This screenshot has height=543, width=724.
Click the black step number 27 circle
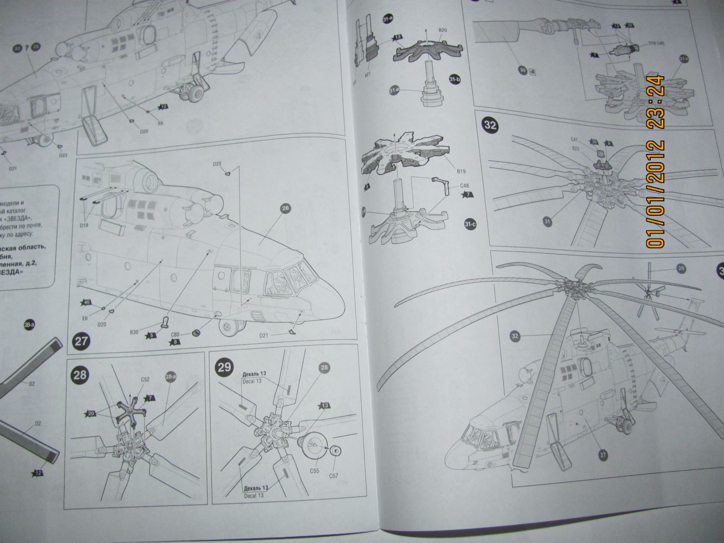click(x=81, y=341)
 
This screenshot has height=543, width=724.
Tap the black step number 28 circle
click(x=81, y=375)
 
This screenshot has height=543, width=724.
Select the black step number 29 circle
click(x=224, y=367)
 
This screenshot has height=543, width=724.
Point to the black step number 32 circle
click(x=490, y=125)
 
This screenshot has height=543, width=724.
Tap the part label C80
click(x=175, y=333)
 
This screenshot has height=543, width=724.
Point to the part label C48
click(x=464, y=185)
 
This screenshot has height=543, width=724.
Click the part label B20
click(x=443, y=30)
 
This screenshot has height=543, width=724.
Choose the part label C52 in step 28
click(x=145, y=380)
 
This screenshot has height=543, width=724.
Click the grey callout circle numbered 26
click(x=285, y=209)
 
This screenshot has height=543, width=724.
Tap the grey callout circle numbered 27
click(x=603, y=454)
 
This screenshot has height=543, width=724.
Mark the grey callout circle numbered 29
click(x=681, y=268)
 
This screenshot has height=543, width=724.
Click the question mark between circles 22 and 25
click(x=27, y=47)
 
